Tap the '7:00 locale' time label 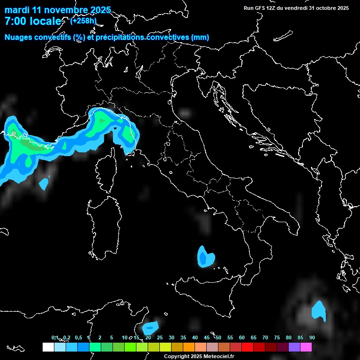point(33,22)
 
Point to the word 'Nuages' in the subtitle point(18,37)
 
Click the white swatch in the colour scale point(48,347)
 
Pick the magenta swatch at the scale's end point(306,347)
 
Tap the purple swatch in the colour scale point(294,347)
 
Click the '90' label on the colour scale point(312,338)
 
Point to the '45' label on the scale point(207,338)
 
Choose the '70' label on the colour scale point(265,338)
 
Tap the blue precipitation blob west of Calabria point(205,257)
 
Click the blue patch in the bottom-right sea point(319,311)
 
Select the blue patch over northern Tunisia point(151,326)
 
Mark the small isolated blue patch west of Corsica point(44,183)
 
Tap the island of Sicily point(206,293)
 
